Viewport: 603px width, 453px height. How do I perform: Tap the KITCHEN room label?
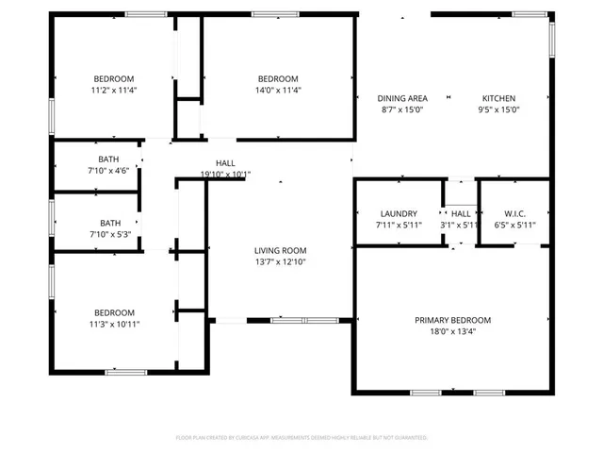499,98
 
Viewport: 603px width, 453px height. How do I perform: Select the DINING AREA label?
402,98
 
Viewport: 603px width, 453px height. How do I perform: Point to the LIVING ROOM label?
281,250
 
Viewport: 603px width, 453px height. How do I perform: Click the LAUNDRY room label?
399,214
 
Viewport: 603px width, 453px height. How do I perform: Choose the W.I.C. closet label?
513,214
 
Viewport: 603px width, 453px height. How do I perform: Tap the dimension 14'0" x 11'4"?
279,91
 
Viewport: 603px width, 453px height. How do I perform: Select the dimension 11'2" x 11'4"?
113,91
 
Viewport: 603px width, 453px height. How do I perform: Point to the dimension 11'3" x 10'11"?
113,325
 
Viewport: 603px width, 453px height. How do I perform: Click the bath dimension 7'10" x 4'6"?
108,171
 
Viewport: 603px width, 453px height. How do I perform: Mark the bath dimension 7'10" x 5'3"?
108,234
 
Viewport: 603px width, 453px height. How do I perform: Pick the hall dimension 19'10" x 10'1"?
225,174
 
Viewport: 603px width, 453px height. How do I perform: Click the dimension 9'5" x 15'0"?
499,109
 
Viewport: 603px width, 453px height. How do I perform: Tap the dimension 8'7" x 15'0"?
402,109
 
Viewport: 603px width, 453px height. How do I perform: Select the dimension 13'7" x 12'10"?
281,261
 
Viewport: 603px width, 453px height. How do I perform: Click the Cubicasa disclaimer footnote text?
301,438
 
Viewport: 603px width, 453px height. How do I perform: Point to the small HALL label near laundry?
461,214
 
